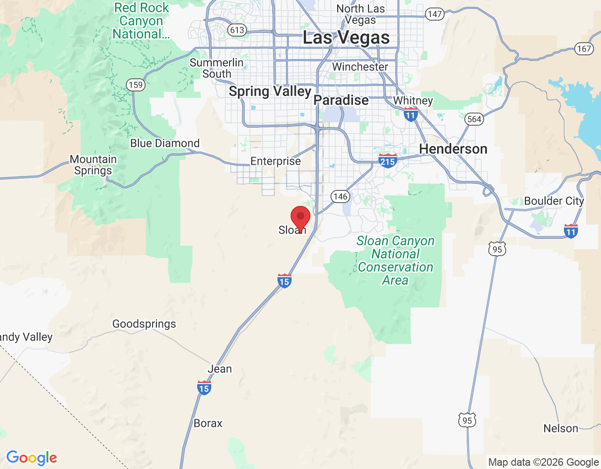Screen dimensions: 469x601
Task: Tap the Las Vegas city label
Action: (346, 38)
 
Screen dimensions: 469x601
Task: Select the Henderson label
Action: (453, 149)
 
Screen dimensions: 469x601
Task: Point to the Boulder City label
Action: (554, 201)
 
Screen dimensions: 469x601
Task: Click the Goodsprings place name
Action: (144, 324)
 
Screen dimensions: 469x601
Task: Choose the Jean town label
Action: (220, 369)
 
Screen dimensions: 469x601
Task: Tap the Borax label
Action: (208, 424)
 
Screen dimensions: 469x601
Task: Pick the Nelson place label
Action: (561, 429)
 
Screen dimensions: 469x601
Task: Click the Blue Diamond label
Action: (165, 144)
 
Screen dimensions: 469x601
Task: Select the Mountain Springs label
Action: (93, 165)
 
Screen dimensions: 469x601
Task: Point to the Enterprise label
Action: (276, 161)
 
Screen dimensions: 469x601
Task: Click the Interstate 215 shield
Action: (387, 161)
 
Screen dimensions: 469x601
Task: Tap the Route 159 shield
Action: (135, 85)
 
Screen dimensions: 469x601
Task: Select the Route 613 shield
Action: (237, 30)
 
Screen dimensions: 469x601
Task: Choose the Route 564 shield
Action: (474, 119)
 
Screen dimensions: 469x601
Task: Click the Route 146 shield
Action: (340, 197)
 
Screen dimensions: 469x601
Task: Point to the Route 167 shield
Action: (584, 49)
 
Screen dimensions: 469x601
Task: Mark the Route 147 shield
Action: (435, 14)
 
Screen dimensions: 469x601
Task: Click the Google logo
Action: (32, 458)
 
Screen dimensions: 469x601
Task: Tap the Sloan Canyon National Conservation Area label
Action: (396, 260)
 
